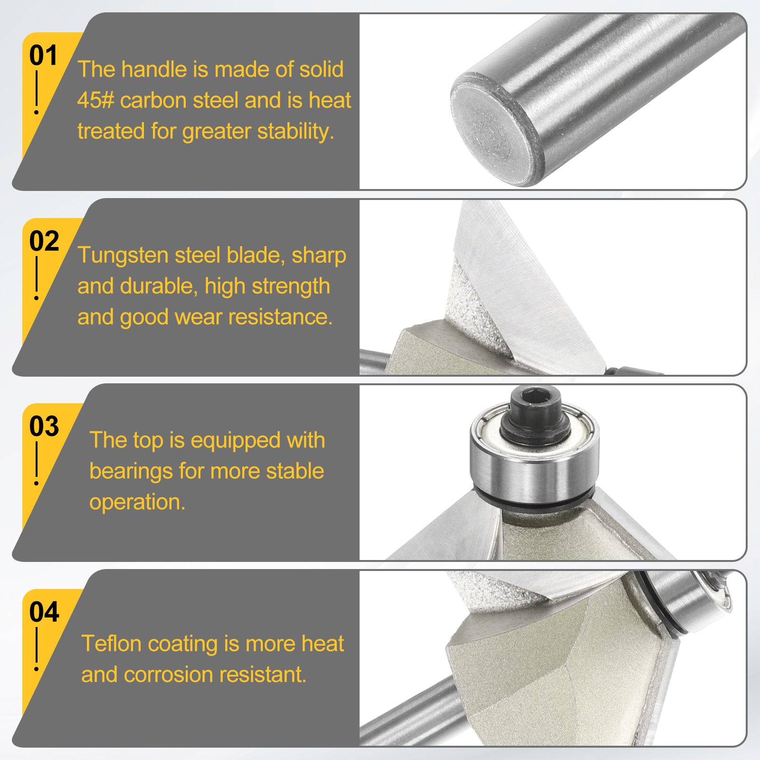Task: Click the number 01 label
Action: [43, 56]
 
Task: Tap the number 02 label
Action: [44, 241]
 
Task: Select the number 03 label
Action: [44, 427]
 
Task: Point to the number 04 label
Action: [44, 612]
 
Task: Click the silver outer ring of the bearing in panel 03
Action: [534, 475]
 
